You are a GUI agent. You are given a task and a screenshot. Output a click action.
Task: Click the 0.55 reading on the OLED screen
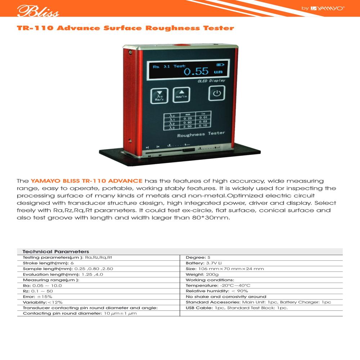(196, 71)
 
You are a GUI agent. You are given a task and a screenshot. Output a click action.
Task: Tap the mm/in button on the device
(181, 94)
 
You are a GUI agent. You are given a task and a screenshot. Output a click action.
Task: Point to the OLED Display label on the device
(211, 81)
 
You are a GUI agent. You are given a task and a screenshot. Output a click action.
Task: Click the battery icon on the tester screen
(220, 65)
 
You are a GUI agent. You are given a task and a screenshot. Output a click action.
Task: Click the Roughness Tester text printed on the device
(201, 134)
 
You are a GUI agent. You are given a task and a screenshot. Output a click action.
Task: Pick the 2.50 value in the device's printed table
(187, 127)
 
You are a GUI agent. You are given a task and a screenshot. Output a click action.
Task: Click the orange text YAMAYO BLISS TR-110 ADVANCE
(87, 181)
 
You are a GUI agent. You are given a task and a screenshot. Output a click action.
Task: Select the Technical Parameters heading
(56, 252)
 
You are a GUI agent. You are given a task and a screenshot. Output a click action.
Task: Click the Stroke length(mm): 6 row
(48, 263)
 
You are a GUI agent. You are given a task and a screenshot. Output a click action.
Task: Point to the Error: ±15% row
(37, 297)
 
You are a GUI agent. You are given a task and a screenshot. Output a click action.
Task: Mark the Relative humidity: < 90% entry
(217, 291)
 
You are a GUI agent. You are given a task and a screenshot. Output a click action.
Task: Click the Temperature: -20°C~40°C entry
(218, 285)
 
